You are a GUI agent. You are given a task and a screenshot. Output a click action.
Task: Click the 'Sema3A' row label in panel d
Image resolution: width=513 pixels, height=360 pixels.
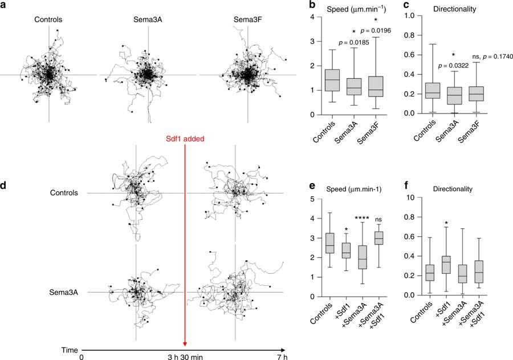62,292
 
